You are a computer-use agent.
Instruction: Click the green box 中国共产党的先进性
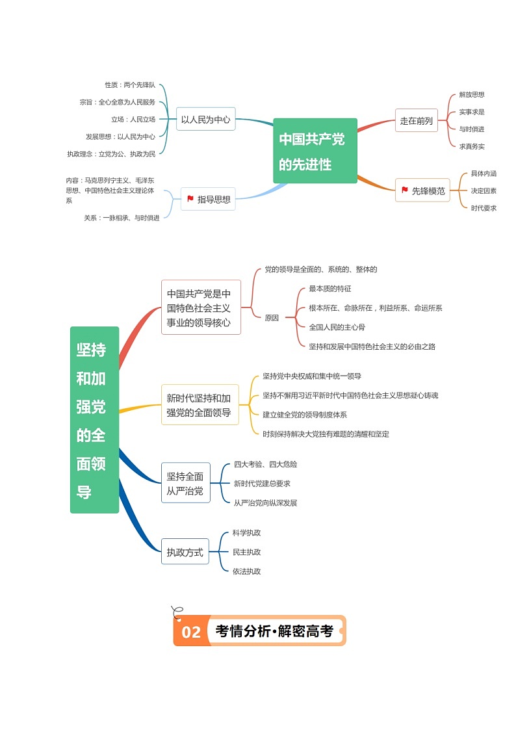click(315, 151)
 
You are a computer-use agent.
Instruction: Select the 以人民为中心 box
click(205, 119)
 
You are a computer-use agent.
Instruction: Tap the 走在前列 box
click(416, 120)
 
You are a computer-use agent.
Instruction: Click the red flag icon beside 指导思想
click(190, 199)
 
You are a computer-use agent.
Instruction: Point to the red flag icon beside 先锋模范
click(405, 190)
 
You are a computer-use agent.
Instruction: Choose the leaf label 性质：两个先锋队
click(130, 85)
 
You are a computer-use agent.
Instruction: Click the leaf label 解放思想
click(472, 95)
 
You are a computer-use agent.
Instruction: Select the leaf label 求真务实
click(472, 146)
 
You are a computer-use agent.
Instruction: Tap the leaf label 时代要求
click(484, 208)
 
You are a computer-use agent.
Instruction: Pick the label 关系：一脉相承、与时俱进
click(122, 218)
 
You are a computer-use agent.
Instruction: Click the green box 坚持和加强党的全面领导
click(94, 420)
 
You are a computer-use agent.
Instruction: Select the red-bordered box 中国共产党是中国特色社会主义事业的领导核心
click(201, 307)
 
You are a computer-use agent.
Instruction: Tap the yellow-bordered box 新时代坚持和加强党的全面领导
click(200, 405)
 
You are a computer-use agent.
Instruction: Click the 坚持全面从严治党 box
click(185, 484)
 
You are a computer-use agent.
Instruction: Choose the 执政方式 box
click(185, 553)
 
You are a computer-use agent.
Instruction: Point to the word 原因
click(272, 318)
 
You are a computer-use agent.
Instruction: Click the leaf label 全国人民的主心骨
click(337, 327)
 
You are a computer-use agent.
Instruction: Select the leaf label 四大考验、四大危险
click(266, 464)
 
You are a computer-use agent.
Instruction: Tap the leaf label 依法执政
click(247, 571)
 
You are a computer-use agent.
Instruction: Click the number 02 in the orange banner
click(191, 632)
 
